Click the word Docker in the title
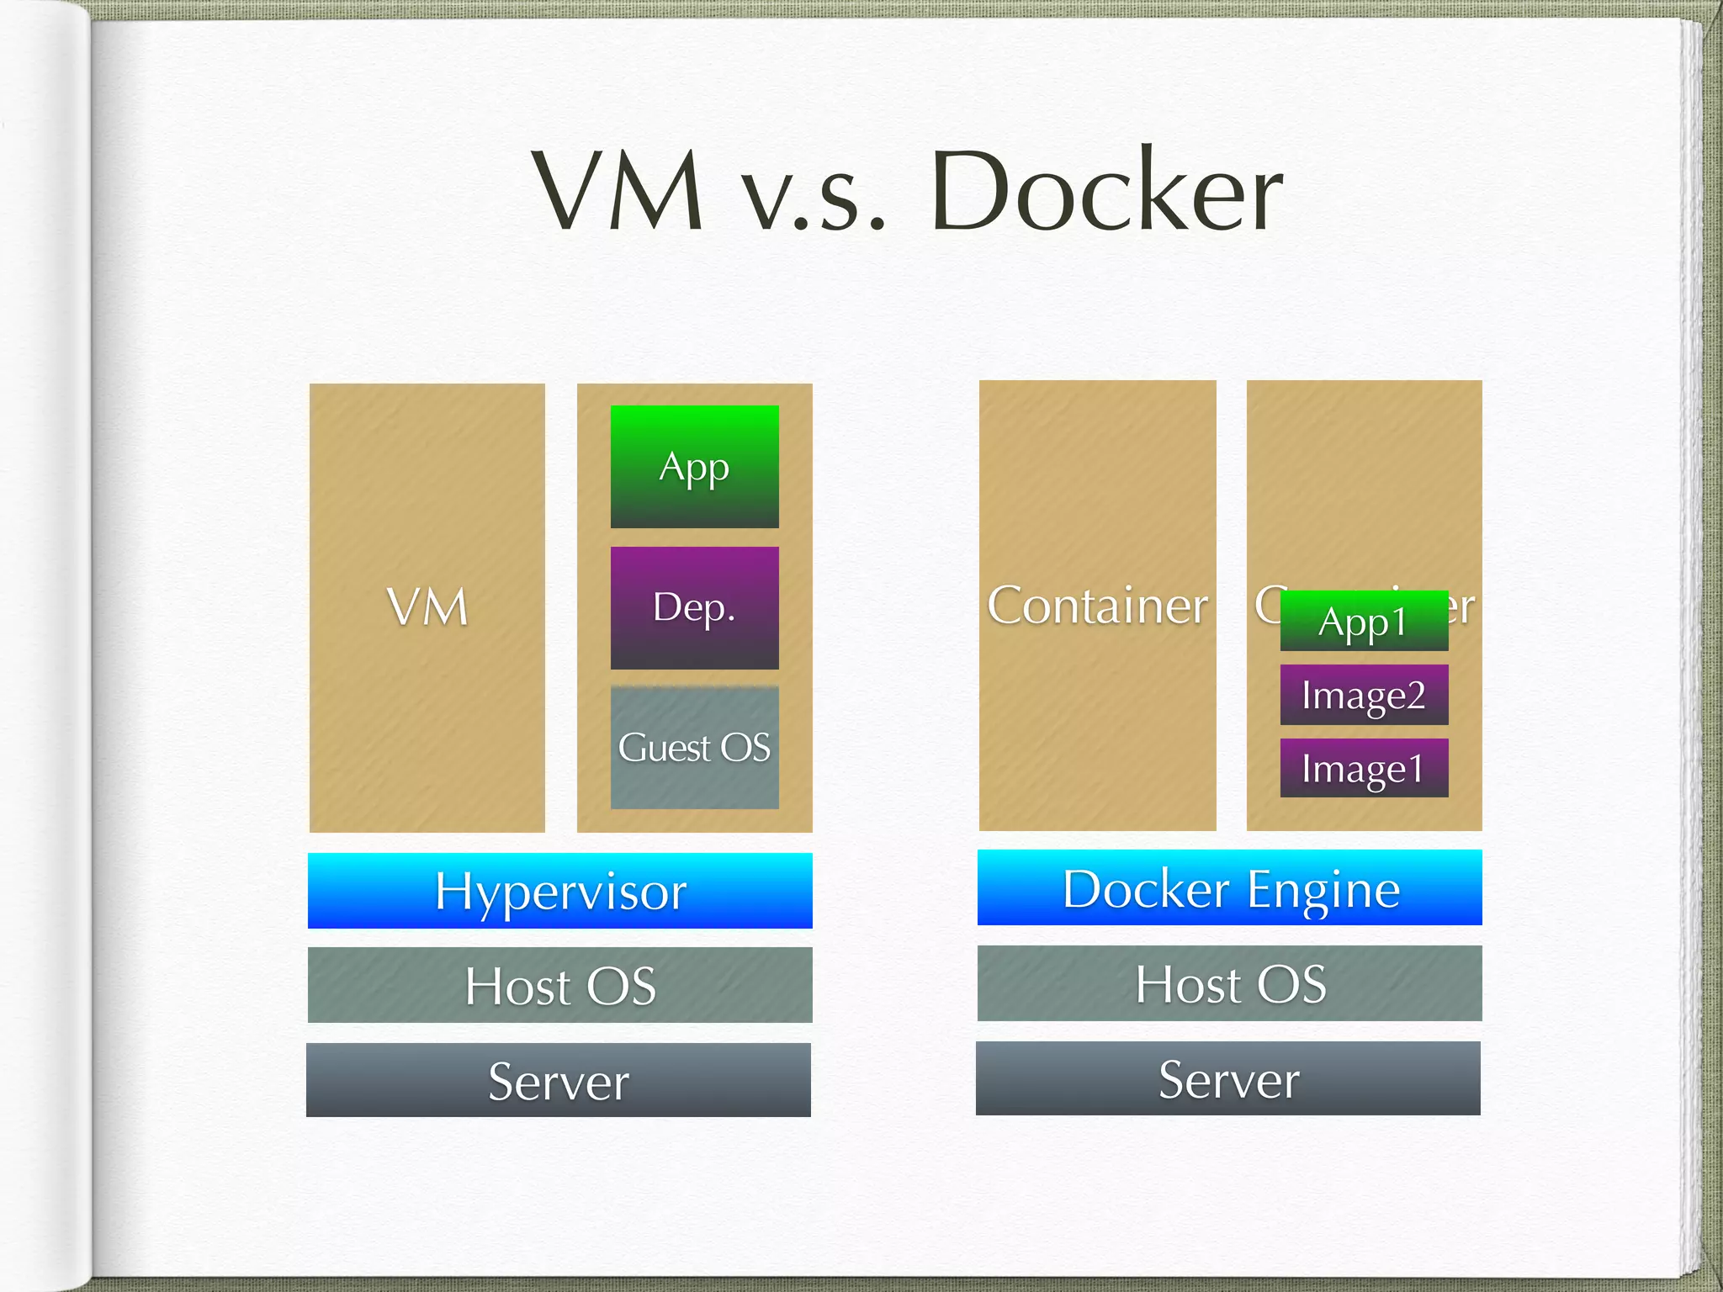click(x=1107, y=192)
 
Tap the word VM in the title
click(x=618, y=192)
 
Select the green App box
click(x=694, y=467)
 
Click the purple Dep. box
click(x=694, y=608)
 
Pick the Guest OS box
click(x=694, y=748)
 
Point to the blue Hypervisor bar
click(x=559, y=891)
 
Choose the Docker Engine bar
click(x=1229, y=887)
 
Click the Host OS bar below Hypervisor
click(x=559, y=985)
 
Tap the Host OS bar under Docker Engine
click(x=1229, y=983)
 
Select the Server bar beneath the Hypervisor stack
click(x=559, y=1080)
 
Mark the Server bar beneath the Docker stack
click(x=1228, y=1078)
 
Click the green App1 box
click(x=1364, y=622)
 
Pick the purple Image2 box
click(x=1364, y=695)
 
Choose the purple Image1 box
click(x=1364, y=768)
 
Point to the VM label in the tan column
click(x=427, y=607)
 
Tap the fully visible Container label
click(x=1097, y=606)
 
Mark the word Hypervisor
click(x=560, y=892)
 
